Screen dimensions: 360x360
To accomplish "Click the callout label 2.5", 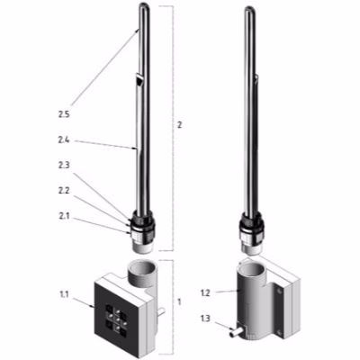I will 62,115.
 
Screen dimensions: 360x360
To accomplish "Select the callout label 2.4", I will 64,140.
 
